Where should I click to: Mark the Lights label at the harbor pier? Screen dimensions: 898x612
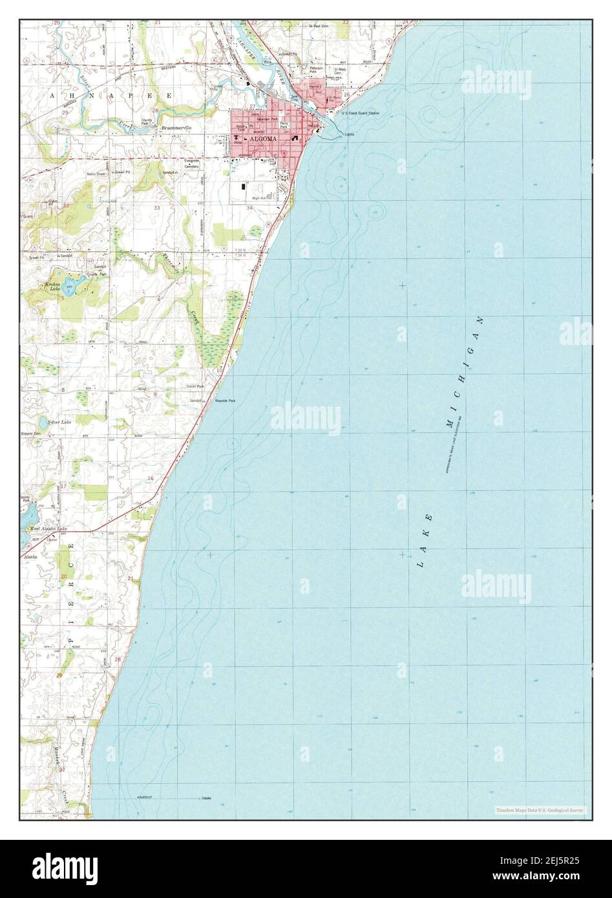pyautogui.click(x=349, y=134)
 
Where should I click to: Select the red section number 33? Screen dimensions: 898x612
pyautogui.click(x=157, y=208)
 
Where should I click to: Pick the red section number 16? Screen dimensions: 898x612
pyautogui.click(x=151, y=477)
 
